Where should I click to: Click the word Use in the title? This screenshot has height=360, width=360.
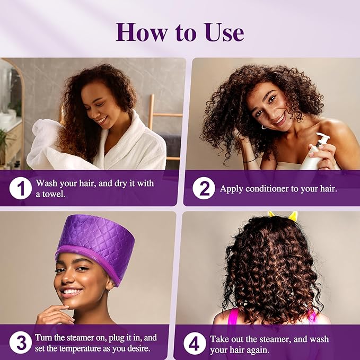224,32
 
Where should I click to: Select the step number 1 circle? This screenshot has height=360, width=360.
21,188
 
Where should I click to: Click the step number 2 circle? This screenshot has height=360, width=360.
204,188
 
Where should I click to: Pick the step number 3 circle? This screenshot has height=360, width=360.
21,343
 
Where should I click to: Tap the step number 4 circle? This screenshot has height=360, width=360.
195,344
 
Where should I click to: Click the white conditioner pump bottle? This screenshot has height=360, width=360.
315,153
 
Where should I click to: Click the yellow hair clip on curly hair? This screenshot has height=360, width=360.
284,216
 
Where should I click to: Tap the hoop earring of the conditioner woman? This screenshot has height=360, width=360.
264,127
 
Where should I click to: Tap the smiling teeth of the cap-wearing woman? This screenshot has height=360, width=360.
71,292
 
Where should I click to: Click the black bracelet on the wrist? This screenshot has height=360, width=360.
249,161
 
